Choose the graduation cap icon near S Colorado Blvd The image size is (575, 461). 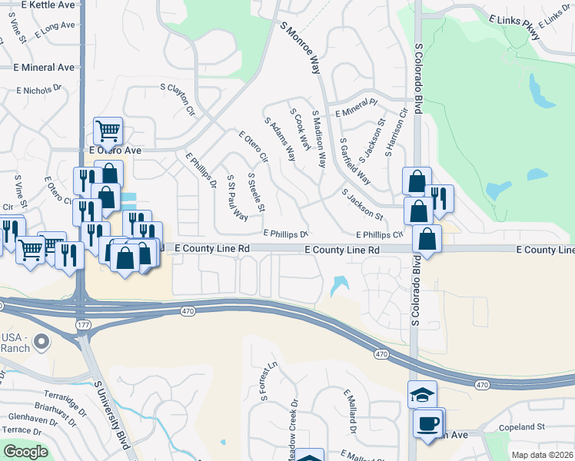422,395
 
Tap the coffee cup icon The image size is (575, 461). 428,423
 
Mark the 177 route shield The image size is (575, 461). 83,326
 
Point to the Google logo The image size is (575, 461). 25,452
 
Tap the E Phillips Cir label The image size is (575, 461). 379,234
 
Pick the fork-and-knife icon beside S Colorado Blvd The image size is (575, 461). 438,197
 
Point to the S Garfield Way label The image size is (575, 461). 354,164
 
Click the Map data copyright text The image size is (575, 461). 542,455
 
